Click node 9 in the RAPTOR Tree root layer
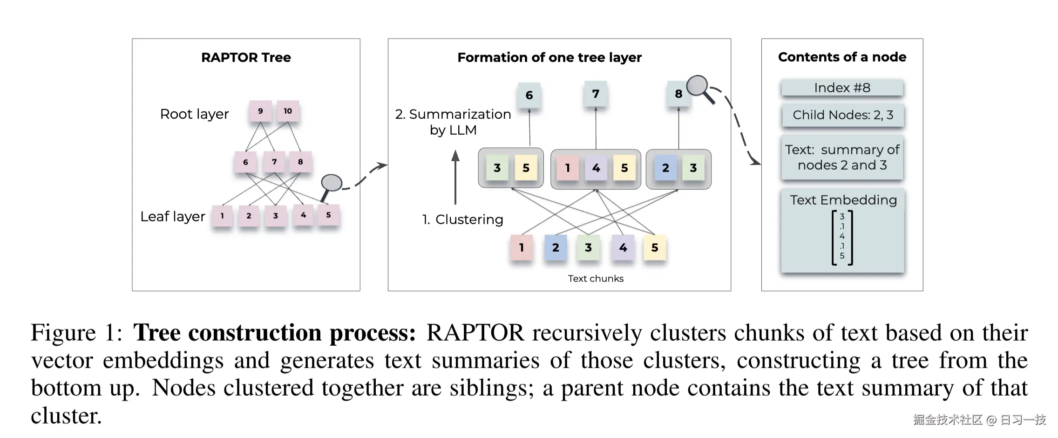(260, 111)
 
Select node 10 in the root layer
(288, 111)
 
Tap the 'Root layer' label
(194, 114)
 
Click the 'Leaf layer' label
(173, 217)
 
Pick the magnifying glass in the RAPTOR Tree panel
(331, 184)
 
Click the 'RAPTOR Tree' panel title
(246, 57)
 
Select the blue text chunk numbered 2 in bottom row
(556, 248)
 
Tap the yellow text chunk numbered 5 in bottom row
(655, 248)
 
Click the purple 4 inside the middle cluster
(596, 168)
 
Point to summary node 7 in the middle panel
(596, 94)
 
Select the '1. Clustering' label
(462, 219)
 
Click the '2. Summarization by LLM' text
(453, 122)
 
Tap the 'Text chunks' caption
(596, 279)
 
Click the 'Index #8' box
(842, 88)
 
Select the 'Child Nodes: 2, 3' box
(842, 115)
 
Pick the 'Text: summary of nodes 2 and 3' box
(842, 157)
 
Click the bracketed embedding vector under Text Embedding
(842, 237)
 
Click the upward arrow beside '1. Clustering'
(455, 177)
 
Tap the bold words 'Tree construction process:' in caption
(274, 333)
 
